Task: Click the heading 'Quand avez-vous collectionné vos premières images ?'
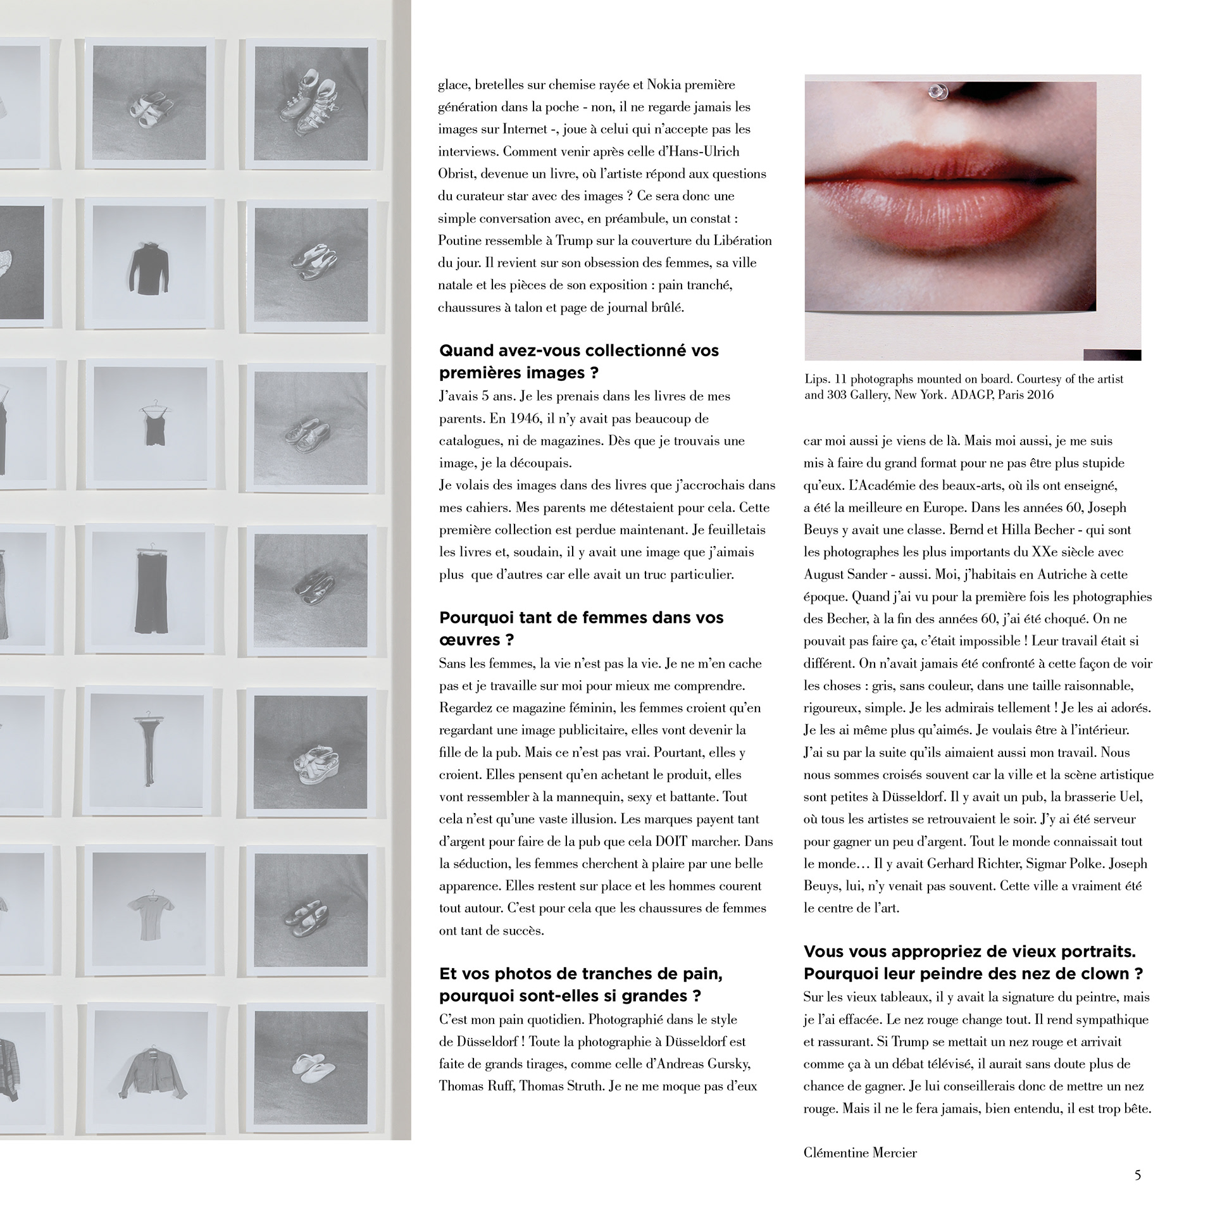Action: point(579,361)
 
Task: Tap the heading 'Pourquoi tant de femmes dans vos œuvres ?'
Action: point(581,628)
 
